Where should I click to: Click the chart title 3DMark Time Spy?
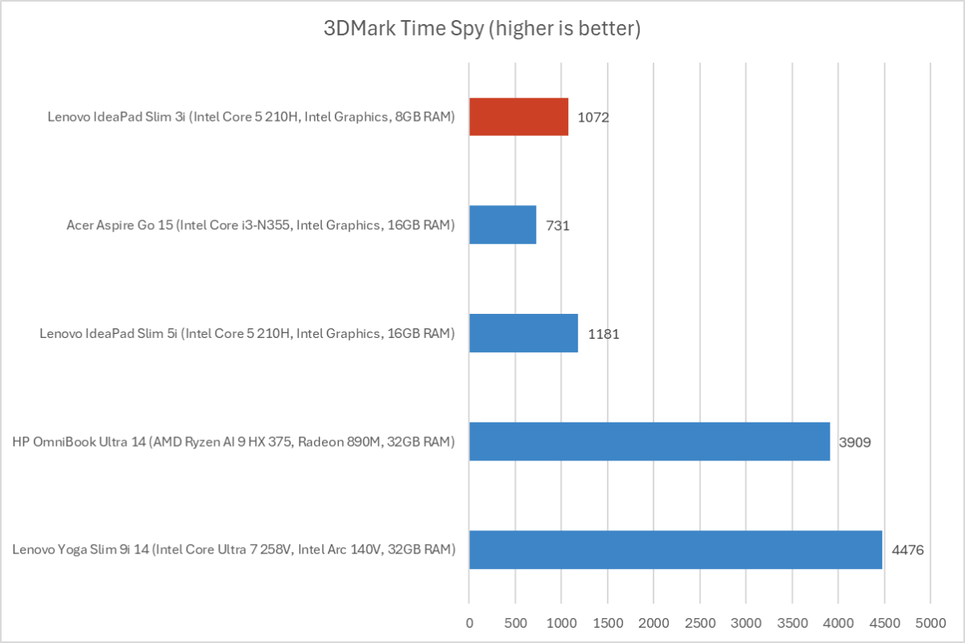pos(482,31)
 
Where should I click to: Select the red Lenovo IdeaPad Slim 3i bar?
pos(518,117)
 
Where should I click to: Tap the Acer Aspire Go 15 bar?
pos(502,225)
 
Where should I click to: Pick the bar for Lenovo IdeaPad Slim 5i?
pos(523,332)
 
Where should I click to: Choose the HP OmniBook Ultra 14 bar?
pos(649,441)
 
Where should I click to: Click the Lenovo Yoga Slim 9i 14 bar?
pos(675,550)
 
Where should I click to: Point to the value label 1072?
pos(593,117)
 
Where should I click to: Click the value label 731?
pos(558,225)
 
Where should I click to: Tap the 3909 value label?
pos(855,442)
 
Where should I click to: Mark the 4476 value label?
pos(907,550)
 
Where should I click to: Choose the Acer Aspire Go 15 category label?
pos(261,225)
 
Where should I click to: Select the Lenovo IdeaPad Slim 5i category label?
pos(247,333)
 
